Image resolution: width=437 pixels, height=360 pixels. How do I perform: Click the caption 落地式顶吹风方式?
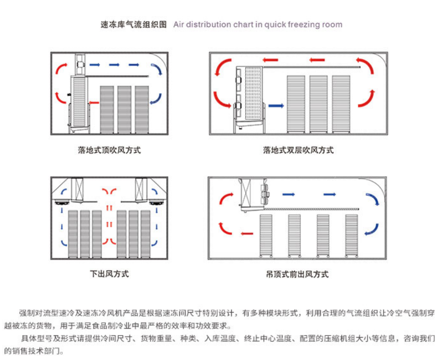[109, 150]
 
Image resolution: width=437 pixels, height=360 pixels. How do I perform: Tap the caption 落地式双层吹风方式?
[298, 150]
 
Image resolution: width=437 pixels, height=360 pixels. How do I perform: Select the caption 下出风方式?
[110, 274]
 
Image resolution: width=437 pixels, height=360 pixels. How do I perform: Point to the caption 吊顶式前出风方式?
[297, 274]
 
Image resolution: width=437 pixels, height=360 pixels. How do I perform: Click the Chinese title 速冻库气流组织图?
[134, 24]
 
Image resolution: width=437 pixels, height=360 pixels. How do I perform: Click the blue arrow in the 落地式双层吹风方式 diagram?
[276, 105]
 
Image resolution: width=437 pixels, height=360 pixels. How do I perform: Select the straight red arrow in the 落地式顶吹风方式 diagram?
[93, 102]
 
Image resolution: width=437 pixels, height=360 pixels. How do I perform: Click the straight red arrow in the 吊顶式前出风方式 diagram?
[247, 234]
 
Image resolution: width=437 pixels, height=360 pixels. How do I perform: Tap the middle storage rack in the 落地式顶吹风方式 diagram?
[125, 110]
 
